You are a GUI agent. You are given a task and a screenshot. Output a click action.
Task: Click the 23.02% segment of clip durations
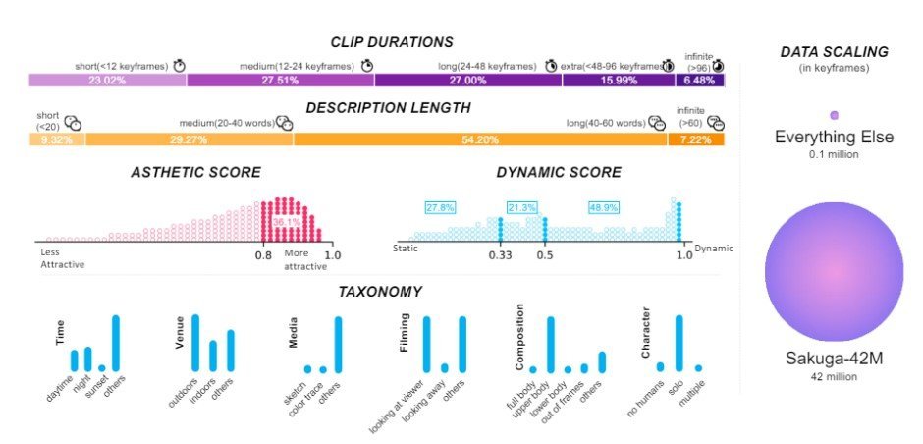click(108, 81)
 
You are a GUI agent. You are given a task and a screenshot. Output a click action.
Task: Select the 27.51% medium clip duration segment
click(281, 81)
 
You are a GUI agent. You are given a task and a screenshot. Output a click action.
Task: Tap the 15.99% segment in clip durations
click(619, 81)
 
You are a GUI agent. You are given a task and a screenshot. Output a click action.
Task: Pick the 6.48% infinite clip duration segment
click(700, 81)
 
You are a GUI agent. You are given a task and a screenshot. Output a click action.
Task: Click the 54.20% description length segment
click(480, 139)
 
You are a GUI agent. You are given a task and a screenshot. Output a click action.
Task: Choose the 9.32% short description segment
click(57, 139)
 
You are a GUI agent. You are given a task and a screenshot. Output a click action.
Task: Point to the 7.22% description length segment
click(696, 139)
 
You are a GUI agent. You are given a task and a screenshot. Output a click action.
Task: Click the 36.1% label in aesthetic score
click(287, 223)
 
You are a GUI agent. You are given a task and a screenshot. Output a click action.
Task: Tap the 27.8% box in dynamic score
click(440, 208)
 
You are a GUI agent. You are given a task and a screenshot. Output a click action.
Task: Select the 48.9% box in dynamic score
click(603, 208)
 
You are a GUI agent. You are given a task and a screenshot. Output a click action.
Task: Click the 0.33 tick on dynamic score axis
click(501, 255)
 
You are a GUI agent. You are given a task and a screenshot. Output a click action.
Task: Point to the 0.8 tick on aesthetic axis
click(263, 255)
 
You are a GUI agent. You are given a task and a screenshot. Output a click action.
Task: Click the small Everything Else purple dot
click(834, 115)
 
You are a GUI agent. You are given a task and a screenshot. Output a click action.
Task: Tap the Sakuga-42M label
click(834, 359)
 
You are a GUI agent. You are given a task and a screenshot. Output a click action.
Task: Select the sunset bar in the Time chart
click(102, 368)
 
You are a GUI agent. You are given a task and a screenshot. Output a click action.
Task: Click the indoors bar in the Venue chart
click(213, 357)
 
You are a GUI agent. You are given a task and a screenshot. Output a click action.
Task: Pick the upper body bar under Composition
click(551, 345)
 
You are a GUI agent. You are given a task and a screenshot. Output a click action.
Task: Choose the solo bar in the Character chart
click(679, 344)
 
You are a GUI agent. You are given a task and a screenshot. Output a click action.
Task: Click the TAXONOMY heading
click(380, 292)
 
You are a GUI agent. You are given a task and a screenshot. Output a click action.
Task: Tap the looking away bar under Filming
click(445, 368)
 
